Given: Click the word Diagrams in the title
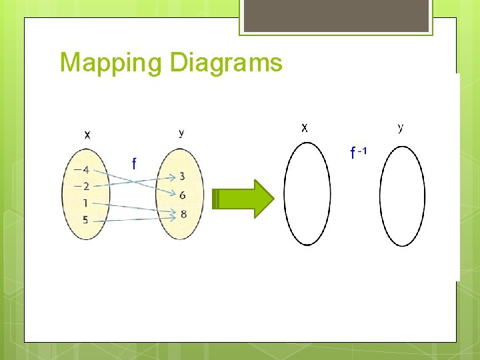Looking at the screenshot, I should tap(226, 63).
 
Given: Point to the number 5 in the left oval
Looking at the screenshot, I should tap(85, 219).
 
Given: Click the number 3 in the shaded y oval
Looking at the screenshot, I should tap(182, 177).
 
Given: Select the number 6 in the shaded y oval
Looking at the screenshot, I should tap(182, 195).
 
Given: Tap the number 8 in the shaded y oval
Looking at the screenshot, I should tap(183, 214).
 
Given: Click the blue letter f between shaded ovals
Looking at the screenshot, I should tap(134, 163).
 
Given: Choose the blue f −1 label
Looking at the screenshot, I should tap(358, 153).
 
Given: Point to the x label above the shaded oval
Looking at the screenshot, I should tap(87, 134).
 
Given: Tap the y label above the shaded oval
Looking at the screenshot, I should tap(181, 133).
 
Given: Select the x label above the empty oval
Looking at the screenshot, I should tap(304, 127).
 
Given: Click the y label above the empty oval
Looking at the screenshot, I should tap(400, 127).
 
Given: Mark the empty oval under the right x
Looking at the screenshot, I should tap(307, 195).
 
